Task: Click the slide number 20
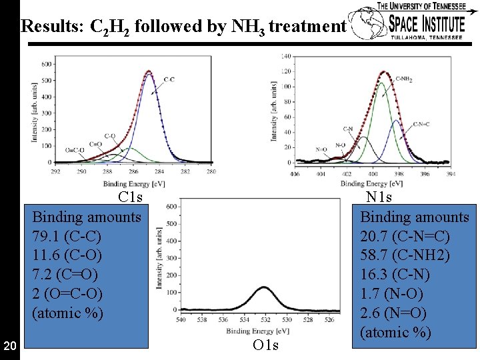tap(9, 345)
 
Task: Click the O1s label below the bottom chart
tap(265, 345)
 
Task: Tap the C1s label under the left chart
tap(130, 197)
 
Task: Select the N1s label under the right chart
tap(379, 197)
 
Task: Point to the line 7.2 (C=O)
tap(65, 274)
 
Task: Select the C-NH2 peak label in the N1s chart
tap(403, 79)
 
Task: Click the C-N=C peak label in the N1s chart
tap(421, 124)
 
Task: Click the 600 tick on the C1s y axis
tap(47, 65)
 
